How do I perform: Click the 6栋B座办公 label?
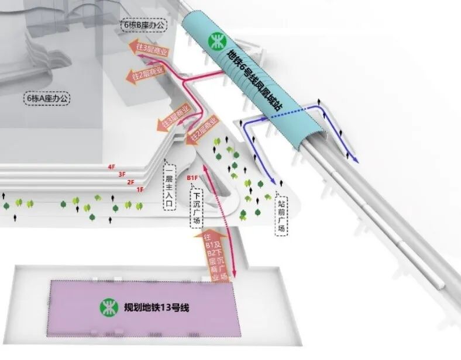coord(143,25)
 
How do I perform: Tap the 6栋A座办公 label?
coord(48,98)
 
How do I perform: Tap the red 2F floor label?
coord(130,182)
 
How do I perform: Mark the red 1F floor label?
coord(140,189)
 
